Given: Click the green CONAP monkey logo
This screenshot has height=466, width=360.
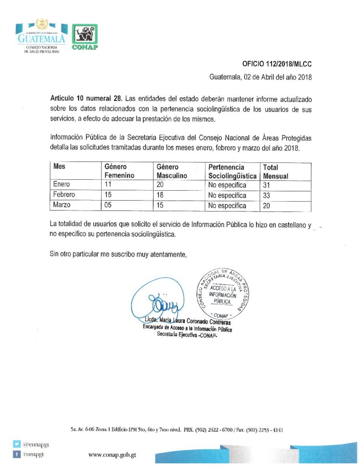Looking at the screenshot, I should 85,37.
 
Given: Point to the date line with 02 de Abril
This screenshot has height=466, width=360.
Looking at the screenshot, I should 260,77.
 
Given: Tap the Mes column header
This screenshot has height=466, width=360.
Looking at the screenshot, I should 60,167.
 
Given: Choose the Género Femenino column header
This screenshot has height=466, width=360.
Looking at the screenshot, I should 119,171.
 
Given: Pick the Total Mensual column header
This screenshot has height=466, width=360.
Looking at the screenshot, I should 275,171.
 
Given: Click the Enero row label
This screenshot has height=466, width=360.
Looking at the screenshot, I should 62,185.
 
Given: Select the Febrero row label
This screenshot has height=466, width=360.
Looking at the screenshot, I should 64,195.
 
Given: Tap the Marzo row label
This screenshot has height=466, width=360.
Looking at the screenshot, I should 62,205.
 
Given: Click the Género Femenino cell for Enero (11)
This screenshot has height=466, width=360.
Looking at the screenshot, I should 108,185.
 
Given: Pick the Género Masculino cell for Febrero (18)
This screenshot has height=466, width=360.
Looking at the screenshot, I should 160,195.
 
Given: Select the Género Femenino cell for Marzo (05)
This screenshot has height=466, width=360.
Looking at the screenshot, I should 108,205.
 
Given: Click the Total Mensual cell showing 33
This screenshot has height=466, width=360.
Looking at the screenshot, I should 267,195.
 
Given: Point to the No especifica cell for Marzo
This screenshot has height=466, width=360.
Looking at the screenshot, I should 227,205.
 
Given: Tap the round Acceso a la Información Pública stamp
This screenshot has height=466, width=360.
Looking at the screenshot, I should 221,293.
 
